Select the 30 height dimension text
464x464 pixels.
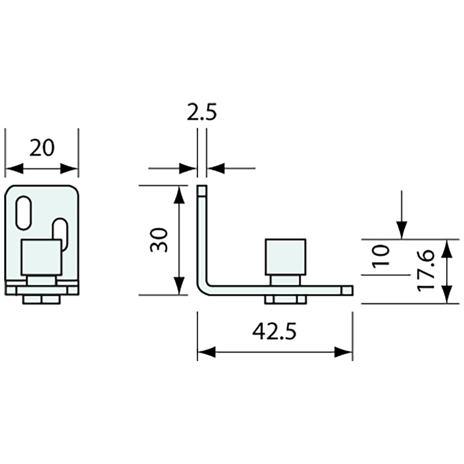[160, 240]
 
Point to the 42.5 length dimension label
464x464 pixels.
[274, 332]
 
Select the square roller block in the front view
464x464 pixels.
[42, 257]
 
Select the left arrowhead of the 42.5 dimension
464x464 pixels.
[207, 352]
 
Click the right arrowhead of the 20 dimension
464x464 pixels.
[69, 169]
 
